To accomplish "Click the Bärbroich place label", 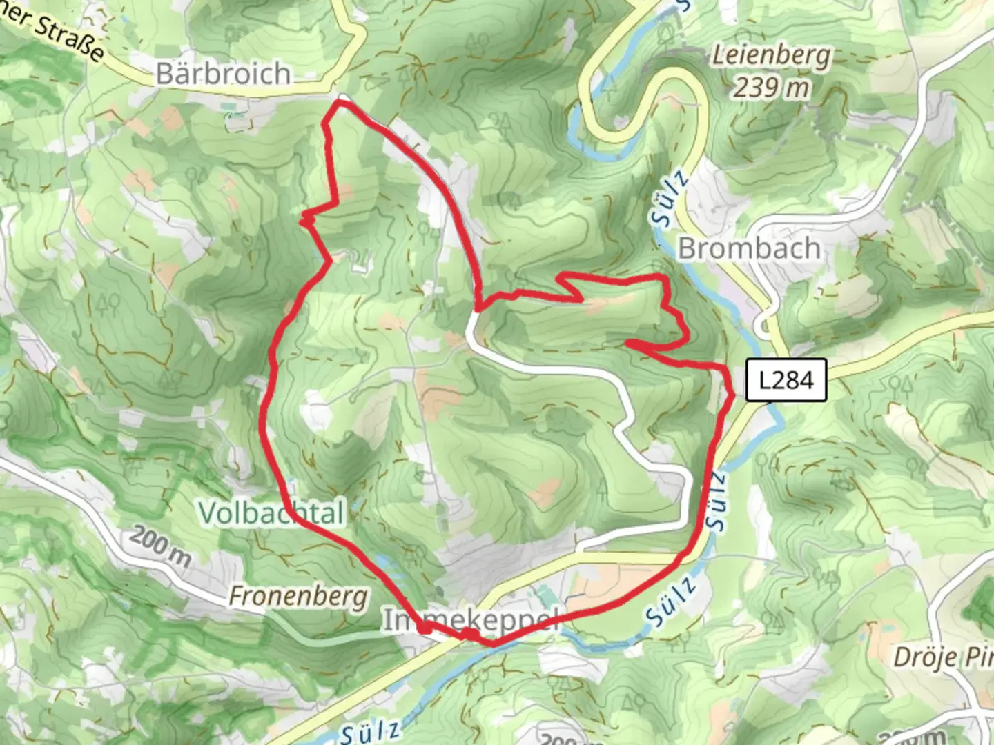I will point(222,73).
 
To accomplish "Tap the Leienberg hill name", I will point(771,55).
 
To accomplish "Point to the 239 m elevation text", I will point(771,88).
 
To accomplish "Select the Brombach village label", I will point(750,248).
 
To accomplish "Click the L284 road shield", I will point(786,380).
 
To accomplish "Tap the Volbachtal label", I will point(271,513).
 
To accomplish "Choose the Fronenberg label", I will point(298,596).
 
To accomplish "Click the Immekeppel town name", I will point(469,621).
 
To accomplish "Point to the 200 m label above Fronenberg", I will point(159,547).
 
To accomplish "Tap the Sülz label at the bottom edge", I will point(369,732).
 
